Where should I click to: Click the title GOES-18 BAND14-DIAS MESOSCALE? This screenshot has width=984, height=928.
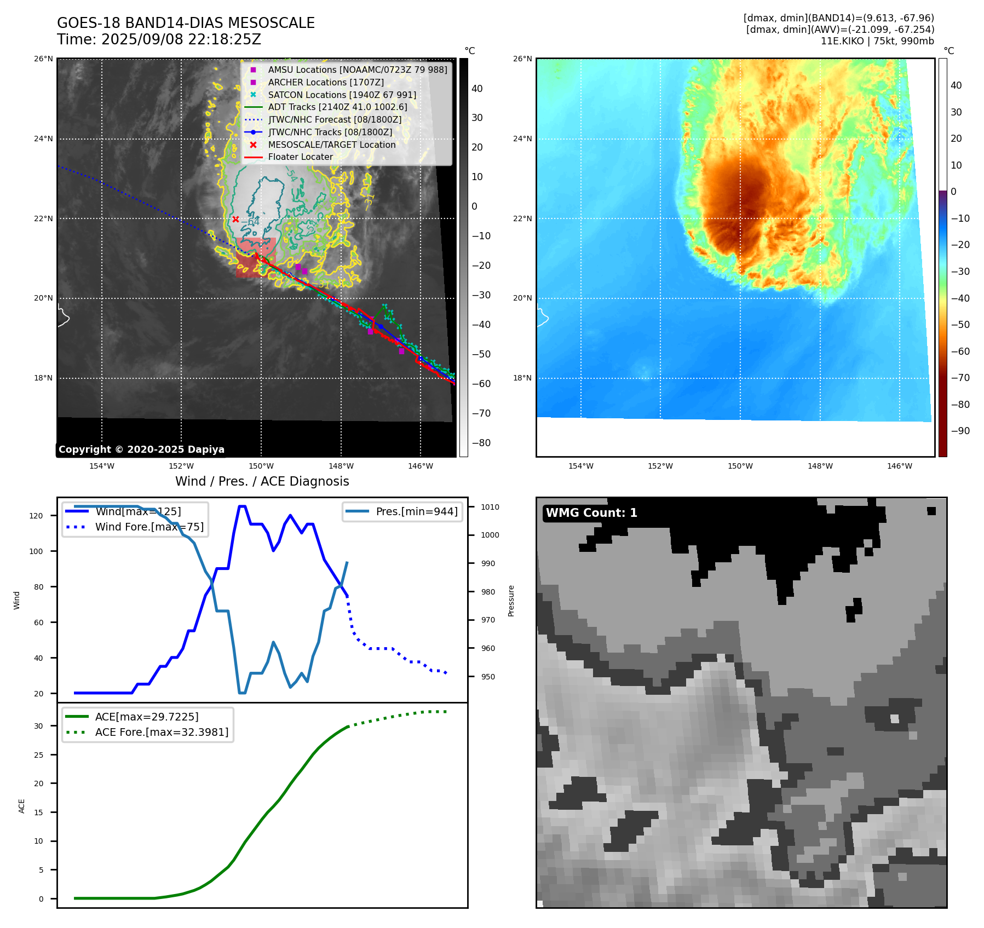pos(186,23)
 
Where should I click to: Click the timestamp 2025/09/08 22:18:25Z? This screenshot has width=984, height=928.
pos(181,40)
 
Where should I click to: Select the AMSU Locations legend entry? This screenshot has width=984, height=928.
pos(357,70)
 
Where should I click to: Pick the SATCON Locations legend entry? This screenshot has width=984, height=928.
pos(342,95)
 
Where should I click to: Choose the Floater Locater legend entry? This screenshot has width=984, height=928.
pos(300,157)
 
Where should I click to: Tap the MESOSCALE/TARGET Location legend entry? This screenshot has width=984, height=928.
pos(331,145)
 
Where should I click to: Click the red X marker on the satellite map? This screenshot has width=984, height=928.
pos(235,219)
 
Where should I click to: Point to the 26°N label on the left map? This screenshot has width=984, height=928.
pos(44,59)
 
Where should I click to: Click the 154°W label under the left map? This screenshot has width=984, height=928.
pos(102,466)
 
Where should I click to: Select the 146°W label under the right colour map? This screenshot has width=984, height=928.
pos(900,466)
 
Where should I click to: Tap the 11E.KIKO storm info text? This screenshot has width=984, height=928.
pos(877,41)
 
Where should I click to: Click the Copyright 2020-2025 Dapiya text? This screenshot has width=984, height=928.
pos(141,449)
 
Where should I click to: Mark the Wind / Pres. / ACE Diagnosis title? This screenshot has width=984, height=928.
pos(262,481)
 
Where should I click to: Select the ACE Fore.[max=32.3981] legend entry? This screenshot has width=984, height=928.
pos(162,732)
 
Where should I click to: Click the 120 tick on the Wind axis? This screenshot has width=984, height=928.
pos(36,516)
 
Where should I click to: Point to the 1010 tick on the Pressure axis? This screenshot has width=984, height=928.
pos(490,507)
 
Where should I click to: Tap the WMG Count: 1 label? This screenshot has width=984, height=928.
pos(591,513)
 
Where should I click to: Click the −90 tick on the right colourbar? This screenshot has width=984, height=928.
pos(960,431)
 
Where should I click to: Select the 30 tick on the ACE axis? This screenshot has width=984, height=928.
pos(38,726)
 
